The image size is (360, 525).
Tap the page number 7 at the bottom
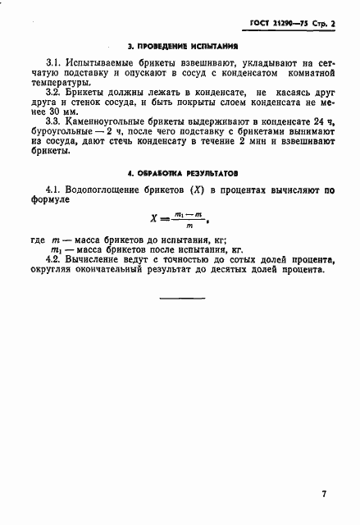click(x=324, y=494)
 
